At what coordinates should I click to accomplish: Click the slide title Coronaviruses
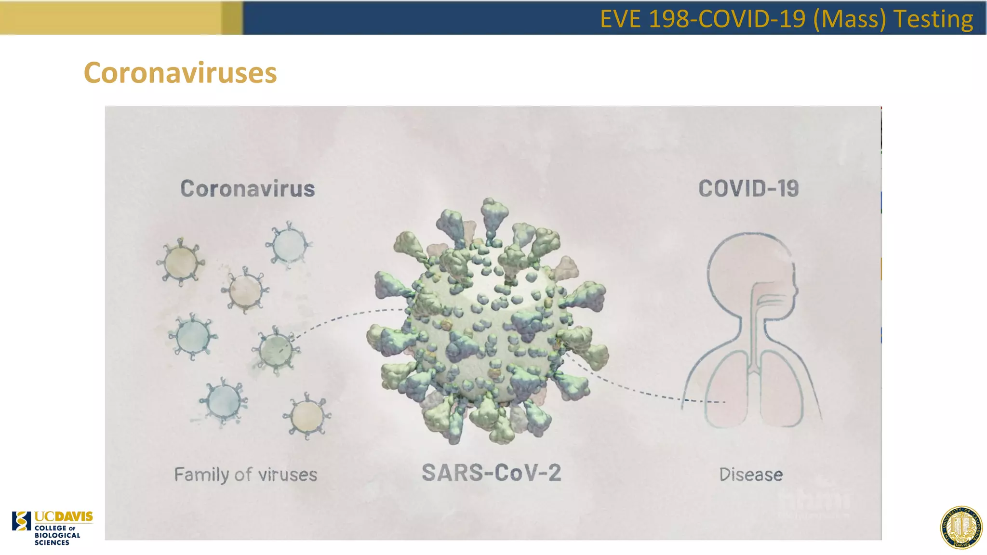[x=180, y=73]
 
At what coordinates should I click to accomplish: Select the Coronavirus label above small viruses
[x=247, y=189]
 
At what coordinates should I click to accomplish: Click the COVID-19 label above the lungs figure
[x=748, y=189]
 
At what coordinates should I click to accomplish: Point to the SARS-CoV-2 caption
[x=491, y=473]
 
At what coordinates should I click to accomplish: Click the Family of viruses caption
[x=245, y=475]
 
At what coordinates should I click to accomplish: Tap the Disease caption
[x=751, y=475]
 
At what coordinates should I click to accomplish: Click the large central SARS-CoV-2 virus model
[x=487, y=323]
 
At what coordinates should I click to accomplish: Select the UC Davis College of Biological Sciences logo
[x=52, y=528]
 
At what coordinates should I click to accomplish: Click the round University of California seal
[x=961, y=528]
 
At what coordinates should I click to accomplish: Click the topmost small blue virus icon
[x=289, y=245]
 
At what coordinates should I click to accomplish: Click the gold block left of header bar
[x=120, y=17]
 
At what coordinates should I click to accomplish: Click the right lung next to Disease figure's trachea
[x=782, y=390]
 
